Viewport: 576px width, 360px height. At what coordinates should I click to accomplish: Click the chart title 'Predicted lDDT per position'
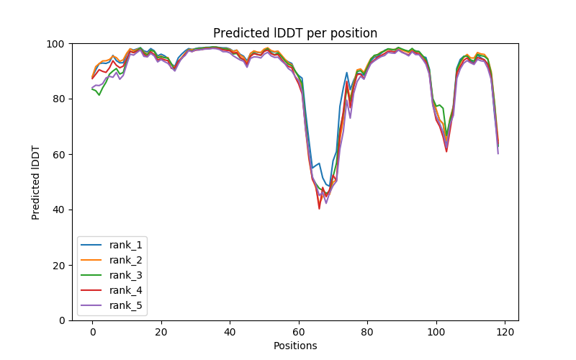pyautogui.click(x=295, y=33)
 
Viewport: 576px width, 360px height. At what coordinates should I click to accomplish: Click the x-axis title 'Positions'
pyautogui.click(x=295, y=346)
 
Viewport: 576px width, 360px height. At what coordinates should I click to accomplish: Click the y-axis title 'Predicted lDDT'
pyautogui.click(x=36, y=182)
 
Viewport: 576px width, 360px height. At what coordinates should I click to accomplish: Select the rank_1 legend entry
pyautogui.click(x=126, y=245)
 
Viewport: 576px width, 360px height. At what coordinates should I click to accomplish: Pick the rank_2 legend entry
pyautogui.click(x=126, y=260)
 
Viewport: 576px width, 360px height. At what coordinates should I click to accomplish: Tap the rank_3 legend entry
pyautogui.click(x=126, y=275)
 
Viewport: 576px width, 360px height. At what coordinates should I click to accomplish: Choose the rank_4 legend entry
pyautogui.click(x=126, y=290)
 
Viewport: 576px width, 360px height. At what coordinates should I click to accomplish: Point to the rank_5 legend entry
pyautogui.click(x=126, y=305)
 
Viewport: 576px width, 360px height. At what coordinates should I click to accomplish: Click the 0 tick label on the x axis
pyautogui.click(x=92, y=332)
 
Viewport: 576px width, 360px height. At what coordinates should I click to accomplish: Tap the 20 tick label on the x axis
pyautogui.click(x=161, y=332)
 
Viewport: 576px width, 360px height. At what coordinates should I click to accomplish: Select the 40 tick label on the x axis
pyautogui.click(x=230, y=332)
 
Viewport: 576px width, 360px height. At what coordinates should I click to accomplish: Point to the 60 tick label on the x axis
pyautogui.click(x=299, y=332)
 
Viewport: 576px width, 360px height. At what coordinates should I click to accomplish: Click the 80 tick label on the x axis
pyautogui.click(x=367, y=332)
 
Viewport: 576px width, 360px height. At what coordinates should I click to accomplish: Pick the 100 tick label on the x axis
pyautogui.click(x=436, y=332)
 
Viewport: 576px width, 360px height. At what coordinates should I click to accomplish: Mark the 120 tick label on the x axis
pyautogui.click(x=505, y=332)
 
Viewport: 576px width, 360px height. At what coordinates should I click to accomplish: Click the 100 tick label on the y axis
pyautogui.click(x=56, y=44)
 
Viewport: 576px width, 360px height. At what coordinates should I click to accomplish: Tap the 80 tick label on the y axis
pyautogui.click(x=58, y=99)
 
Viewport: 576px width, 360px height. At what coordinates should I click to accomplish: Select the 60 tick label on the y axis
pyautogui.click(x=58, y=155)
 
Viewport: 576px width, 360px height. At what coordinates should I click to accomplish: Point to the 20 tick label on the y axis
pyautogui.click(x=58, y=266)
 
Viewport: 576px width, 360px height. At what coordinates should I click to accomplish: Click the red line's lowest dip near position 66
pyautogui.click(x=319, y=208)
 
